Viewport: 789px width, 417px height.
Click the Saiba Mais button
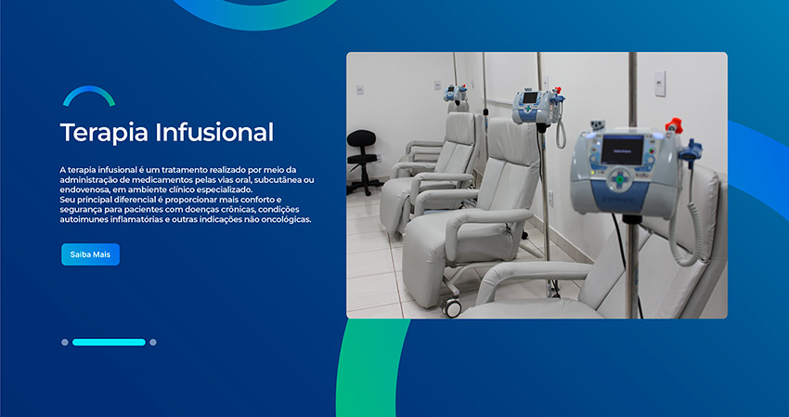pyautogui.click(x=91, y=254)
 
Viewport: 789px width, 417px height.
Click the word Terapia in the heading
pyautogui.click(x=104, y=133)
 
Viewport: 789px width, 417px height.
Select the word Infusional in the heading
pyautogui.click(x=214, y=132)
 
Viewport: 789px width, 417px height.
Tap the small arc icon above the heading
pyautogui.click(x=89, y=94)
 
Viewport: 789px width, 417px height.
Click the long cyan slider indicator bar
pyautogui.click(x=109, y=343)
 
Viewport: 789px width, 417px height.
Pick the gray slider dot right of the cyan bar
pyautogui.click(x=153, y=343)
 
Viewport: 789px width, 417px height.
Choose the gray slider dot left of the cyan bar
pyautogui.click(x=65, y=343)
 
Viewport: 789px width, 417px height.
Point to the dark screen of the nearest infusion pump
pyautogui.click(x=623, y=150)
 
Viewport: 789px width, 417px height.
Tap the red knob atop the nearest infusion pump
pyautogui.click(x=673, y=125)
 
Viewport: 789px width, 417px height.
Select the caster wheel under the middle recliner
pyautogui.click(x=451, y=306)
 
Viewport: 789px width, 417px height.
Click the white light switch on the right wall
pyautogui.click(x=660, y=83)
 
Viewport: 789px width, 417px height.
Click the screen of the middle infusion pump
pyautogui.click(x=530, y=98)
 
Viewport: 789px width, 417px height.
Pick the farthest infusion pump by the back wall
pyautogui.click(x=456, y=93)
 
